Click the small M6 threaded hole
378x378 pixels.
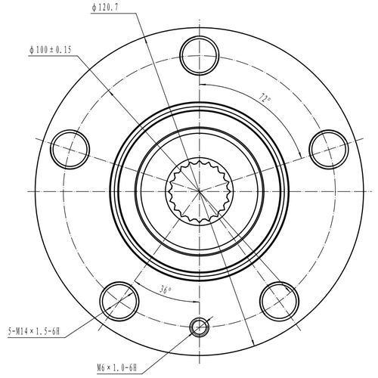point(200,326)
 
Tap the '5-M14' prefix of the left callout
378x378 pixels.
point(19,331)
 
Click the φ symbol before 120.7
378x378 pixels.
point(94,7)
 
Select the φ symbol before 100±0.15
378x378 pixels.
point(33,49)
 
